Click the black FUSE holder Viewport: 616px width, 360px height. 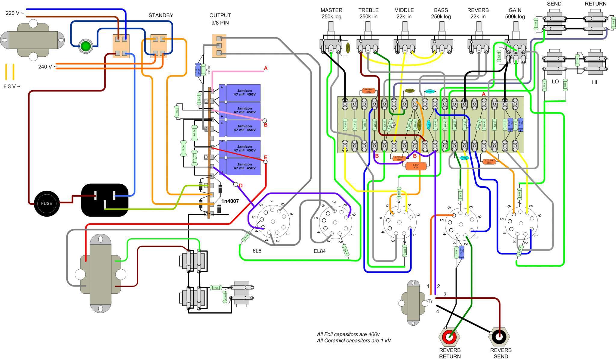[47, 203]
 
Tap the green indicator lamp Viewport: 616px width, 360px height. [86, 46]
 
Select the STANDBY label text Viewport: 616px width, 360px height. [161, 15]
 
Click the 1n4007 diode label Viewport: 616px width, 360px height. [230, 201]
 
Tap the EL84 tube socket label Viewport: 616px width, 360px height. [319, 251]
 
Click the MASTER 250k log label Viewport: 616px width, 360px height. [331, 14]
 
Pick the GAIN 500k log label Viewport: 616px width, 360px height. [515, 14]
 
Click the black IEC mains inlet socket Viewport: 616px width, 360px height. [105, 200]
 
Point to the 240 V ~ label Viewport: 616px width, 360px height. [47, 67]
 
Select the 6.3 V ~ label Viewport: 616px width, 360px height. [12, 86]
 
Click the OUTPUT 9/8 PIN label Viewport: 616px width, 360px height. [220, 19]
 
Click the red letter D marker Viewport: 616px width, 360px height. [241, 186]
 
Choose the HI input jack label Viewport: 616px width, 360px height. [594, 82]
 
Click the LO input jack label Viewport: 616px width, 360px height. [555, 82]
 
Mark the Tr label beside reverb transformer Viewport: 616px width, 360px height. [430, 302]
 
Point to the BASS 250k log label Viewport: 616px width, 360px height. [441, 14]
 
